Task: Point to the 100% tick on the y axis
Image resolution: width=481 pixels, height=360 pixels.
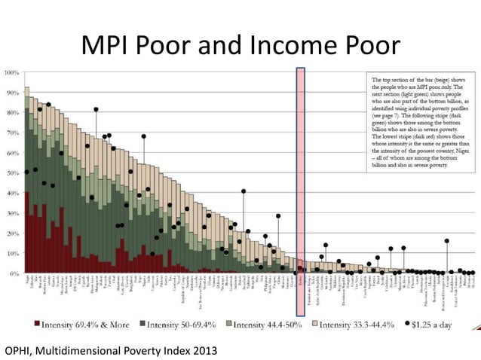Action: pyautogui.click(x=13, y=73)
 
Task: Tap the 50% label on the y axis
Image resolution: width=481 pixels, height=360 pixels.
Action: pyautogui.click(x=13, y=173)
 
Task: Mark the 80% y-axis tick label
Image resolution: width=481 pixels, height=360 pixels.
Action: pyautogui.click(x=13, y=113)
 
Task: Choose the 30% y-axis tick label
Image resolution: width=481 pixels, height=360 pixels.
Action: pyautogui.click(x=13, y=213)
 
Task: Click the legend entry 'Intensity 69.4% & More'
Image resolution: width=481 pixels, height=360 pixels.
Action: pyautogui.click(x=83, y=325)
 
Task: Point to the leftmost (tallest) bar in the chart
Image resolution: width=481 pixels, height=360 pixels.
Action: pyautogui.click(x=27, y=181)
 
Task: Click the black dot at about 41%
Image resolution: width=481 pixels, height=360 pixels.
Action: pyautogui.click(x=243, y=191)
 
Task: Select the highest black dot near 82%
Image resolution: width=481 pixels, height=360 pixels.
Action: pyautogui.click(x=96, y=110)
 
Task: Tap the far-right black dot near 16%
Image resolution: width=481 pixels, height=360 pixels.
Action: pyautogui.click(x=446, y=241)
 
